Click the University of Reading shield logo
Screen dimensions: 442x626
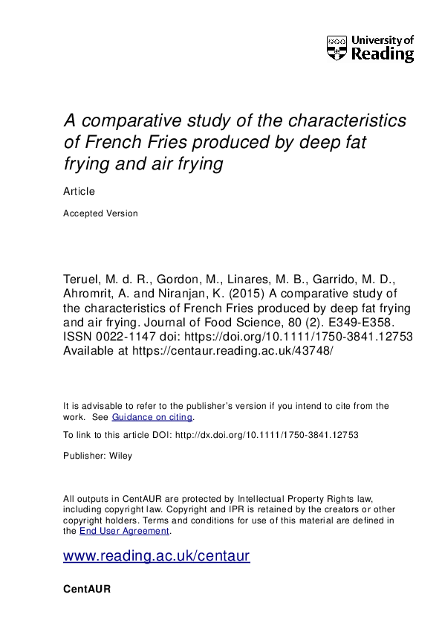click(336, 48)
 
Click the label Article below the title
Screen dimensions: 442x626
click(79, 191)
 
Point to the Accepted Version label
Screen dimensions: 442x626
click(101, 213)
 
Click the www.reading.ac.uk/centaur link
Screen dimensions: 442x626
click(157, 556)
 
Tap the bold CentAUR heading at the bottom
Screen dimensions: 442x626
click(88, 589)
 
